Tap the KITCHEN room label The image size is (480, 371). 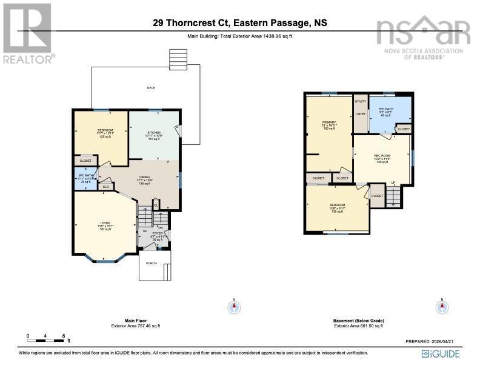155,133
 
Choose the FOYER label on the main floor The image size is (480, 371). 158,233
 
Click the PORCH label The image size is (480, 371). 152,263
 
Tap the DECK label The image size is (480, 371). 151,88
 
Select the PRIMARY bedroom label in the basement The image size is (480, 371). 329,122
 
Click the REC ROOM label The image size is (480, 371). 382,156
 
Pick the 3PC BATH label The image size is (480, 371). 386,109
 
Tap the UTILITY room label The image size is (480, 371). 361,101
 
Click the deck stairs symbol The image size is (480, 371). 177,60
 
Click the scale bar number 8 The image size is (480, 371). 64,335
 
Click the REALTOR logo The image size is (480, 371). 28,33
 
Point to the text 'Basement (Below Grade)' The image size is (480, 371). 359,321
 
